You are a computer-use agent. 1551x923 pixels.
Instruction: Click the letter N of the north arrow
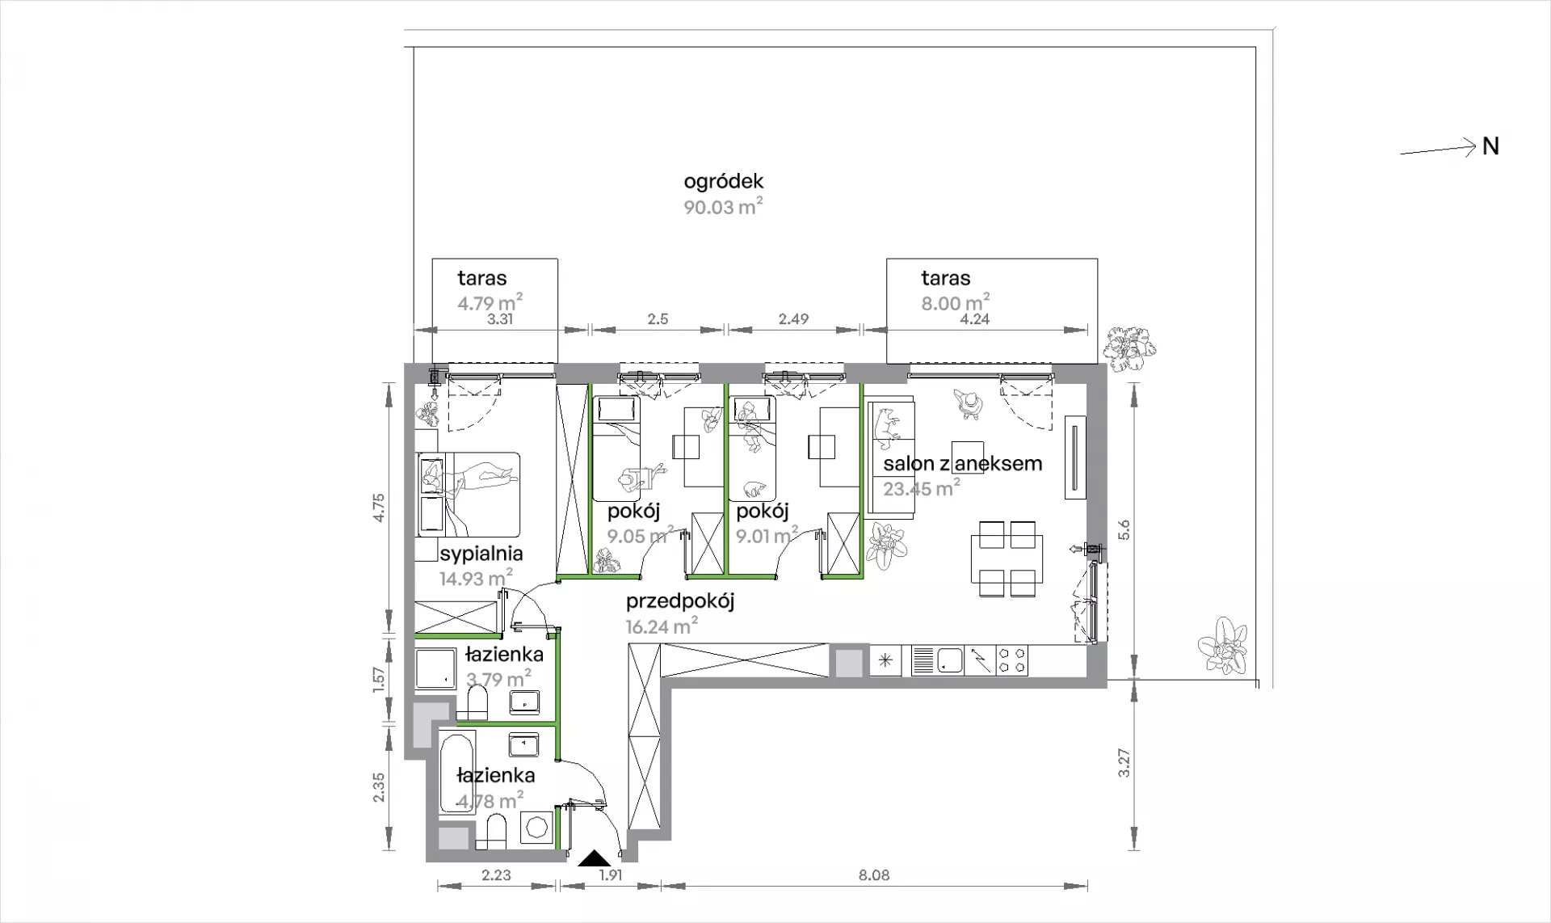click(x=1491, y=146)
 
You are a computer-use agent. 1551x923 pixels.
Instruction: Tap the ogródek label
click(x=724, y=182)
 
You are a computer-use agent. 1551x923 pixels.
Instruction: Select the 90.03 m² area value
click(x=724, y=207)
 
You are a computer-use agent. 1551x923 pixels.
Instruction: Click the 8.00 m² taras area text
click(x=956, y=302)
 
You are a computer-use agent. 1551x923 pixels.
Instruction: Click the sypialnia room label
click(x=481, y=554)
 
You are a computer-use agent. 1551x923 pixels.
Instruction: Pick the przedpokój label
click(x=680, y=601)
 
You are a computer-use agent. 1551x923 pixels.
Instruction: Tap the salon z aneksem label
click(x=963, y=463)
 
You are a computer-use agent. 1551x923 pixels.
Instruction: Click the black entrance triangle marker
click(x=594, y=858)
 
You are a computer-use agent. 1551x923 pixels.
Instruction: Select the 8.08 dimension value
click(x=874, y=875)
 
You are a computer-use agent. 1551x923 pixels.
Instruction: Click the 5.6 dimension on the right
click(x=1124, y=530)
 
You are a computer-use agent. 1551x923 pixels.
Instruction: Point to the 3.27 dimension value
click(x=1124, y=764)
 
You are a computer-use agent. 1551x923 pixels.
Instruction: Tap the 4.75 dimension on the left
click(x=380, y=508)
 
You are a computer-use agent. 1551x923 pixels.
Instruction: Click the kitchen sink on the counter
click(x=937, y=660)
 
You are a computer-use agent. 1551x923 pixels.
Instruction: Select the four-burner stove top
click(x=1012, y=660)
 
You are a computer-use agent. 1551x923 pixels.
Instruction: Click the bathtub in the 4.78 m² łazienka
click(x=460, y=773)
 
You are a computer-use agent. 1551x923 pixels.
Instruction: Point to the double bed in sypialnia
click(x=469, y=494)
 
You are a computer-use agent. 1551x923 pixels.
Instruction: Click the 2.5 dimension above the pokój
click(x=658, y=319)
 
